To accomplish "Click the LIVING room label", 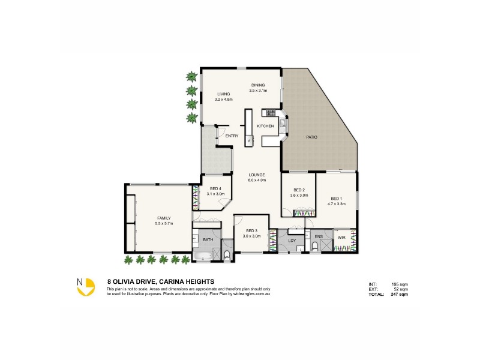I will pos(223,94).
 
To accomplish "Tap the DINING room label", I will pos(258,85).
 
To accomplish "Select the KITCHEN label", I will pos(265,126).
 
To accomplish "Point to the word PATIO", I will pos(311,137).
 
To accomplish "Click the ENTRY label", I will pos(232,136).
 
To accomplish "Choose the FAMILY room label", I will pos(163,218).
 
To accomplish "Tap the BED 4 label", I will pos(215,189).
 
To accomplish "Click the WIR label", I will pos(341,237).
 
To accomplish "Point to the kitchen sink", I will pos(283,125).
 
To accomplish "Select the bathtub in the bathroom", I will pos(202,257).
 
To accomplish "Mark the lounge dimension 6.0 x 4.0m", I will pos(257,180).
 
